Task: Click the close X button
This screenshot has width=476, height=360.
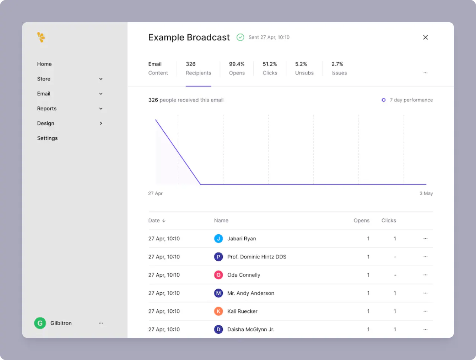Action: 425,37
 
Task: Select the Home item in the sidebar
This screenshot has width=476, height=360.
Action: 44,64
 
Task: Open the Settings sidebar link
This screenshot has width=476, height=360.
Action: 47,138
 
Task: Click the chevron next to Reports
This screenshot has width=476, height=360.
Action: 101,109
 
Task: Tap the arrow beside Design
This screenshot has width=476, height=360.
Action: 101,123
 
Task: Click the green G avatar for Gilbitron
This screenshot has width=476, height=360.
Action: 40,323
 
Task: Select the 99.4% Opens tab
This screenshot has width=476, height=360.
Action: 237,68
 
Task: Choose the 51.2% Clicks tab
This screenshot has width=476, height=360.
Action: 270,68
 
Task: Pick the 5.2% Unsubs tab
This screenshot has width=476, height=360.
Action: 304,68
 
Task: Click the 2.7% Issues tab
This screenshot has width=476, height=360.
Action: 339,68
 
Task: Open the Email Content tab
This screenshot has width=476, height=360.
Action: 158,68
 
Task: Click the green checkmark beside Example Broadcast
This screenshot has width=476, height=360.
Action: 241,37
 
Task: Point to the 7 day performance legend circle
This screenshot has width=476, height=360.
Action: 383,100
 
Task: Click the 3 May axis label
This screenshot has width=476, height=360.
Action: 426,193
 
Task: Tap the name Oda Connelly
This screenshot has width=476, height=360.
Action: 244,275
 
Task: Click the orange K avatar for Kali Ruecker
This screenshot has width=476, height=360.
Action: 219,311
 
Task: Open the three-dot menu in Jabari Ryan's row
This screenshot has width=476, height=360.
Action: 425,239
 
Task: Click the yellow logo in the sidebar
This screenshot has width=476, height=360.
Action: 41,37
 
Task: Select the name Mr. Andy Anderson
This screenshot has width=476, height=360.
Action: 251,293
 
